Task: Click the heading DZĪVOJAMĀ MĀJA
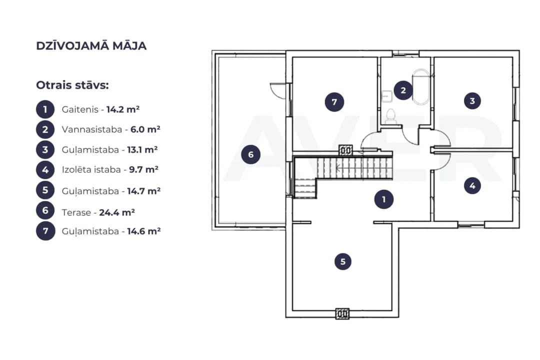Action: [91, 46]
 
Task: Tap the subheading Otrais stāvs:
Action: [72, 85]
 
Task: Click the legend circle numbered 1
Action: [45, 109]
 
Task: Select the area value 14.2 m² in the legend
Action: [123, 109]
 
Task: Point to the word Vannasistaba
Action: [92, 129]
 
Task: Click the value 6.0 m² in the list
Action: [145, 129]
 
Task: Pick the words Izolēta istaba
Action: [91, 169]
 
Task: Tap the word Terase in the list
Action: [76, 212]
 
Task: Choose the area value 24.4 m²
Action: [117, 212]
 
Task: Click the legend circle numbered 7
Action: [45, 231]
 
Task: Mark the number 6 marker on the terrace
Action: [250, 154]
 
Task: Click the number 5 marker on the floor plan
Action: [343, 261]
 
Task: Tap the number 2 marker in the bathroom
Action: [403, 90]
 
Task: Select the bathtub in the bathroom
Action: [421, 87]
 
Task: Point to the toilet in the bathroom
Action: [390, 116]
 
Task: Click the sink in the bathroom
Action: [387, 96]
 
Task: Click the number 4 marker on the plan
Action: [472, 185]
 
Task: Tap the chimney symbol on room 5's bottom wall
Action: [342, 314]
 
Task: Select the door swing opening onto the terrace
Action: [278, 91]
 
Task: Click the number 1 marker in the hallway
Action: [384, 199]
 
